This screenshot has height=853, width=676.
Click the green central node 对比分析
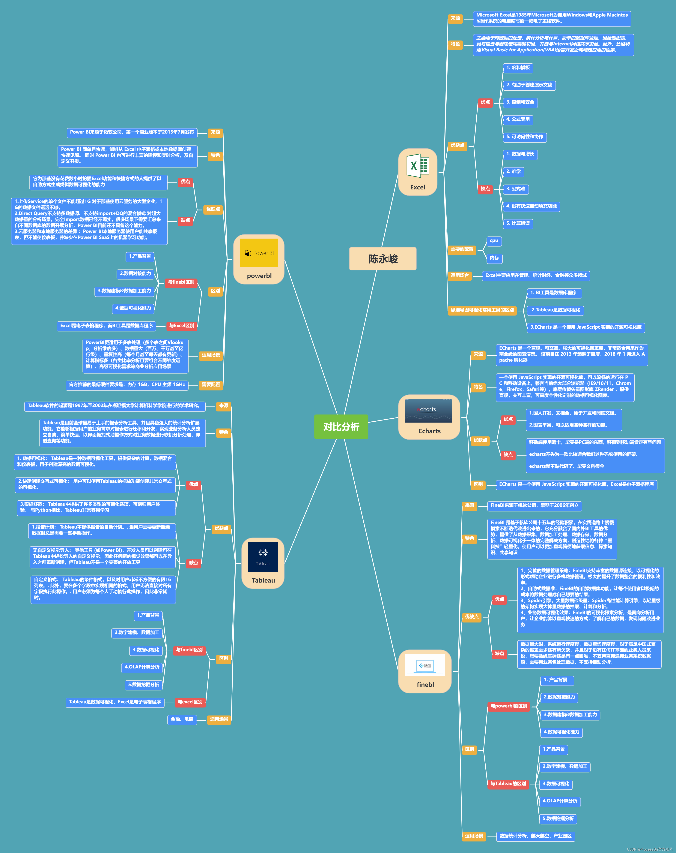click(x=341, y=426)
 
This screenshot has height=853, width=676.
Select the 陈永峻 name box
click(x=383, y=259)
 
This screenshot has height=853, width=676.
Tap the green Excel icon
click(x=417, y=166)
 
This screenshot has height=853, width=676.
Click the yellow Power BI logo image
click(x=259, y=253)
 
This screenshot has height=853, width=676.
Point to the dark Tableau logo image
click(x=263, y=557)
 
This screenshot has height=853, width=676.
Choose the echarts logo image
click(x=428, y=410)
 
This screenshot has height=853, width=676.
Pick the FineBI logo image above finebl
click(x=425, y=665)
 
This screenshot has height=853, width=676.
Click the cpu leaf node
click(x=494, y=241)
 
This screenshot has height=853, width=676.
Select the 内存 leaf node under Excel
click(x=494, y=258)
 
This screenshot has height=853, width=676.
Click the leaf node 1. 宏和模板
click(x=518, y=68)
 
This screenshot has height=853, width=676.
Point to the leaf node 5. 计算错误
click(x=518, y=224)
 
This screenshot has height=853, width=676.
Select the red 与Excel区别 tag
click(x=182, y=326)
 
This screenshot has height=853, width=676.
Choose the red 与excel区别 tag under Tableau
click(x=190, y=702)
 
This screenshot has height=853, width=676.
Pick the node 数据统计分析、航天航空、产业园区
click(x=536, y=836)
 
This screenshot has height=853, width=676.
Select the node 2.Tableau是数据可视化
click(x=555, y=310)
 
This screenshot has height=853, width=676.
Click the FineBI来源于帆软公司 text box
click(x=535, y=506)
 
